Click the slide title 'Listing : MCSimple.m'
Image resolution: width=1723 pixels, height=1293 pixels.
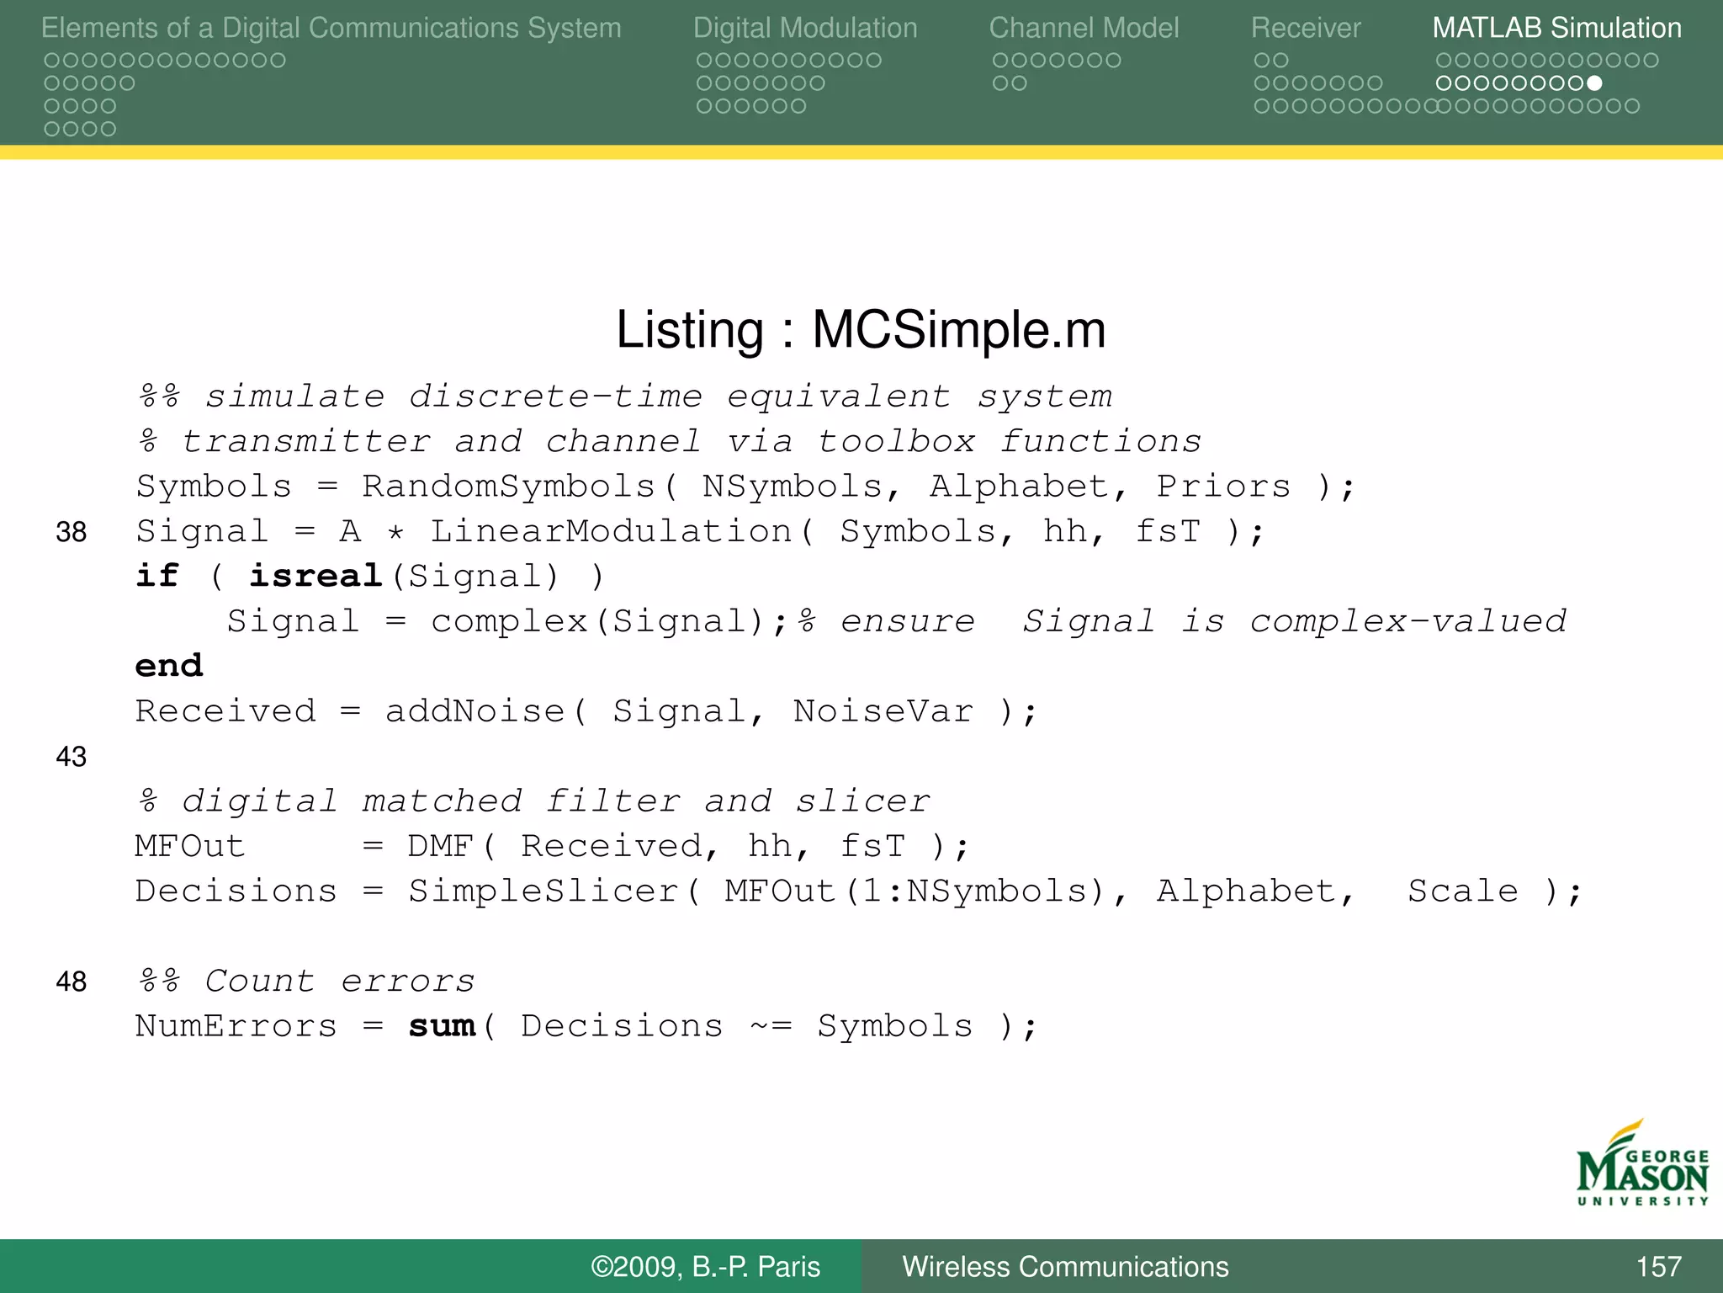[x=861, y=329]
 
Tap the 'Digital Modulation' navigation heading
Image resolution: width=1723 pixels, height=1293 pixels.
[x=805, y=28]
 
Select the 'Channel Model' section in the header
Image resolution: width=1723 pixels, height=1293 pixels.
[x=1084, y=28]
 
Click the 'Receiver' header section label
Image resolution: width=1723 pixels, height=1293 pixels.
[x=1305, y=28]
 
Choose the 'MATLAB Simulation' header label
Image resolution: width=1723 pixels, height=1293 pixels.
[x=1556, y=28]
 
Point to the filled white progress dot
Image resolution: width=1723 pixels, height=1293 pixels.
[x=1594, y=83]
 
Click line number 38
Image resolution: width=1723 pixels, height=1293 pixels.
[x=72, y=532]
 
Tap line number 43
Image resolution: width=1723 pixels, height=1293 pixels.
[x=72, y=757]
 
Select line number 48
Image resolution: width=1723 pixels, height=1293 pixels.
[x=72, y=982]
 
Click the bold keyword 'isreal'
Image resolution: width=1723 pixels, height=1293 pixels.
[x=315, y=577]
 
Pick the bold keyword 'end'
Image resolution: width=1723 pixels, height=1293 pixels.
[x=169, y=667]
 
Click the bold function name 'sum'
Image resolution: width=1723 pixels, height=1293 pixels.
[x=442, y=1026]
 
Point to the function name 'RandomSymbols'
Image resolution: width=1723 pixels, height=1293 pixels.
[x=508, y=487]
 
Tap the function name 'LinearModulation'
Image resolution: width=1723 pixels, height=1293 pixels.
[x=611, y=532]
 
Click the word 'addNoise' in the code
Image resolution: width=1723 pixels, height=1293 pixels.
[x=474, y=711]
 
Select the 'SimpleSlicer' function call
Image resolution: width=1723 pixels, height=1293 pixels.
[x=543, y=891]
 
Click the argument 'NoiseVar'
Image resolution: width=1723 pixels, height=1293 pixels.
[x=883, y=711]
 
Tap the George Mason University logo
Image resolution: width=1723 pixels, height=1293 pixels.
[x=1641, y=1164]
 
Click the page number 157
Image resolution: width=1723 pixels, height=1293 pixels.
[x=1658, y=1266]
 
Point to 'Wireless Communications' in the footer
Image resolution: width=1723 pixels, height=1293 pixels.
[x=1065, y=1266]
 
